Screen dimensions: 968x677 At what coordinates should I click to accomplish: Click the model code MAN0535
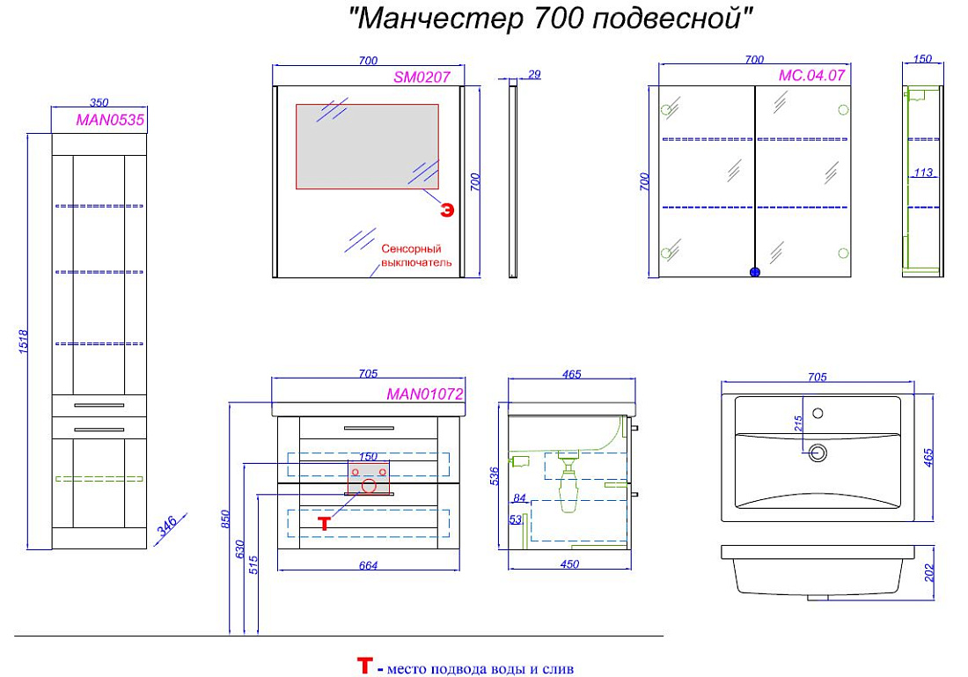tap(110, 119)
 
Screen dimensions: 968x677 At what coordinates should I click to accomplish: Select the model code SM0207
tap(422, 77)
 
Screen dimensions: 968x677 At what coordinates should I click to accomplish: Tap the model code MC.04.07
tap(811, 76)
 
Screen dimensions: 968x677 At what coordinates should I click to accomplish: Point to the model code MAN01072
tap(425, 394)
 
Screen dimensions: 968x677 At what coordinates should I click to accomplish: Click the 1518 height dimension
tap(24, 341)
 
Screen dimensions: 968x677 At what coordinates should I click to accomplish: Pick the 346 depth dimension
tap(167, 526)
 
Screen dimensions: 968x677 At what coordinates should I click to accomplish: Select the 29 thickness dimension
tap(534, 75)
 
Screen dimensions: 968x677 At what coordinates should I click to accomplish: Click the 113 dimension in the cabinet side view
tap(923, 173)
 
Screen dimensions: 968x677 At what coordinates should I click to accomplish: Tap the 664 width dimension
tap(368, 565)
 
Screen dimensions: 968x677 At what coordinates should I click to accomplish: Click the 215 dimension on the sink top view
tap(799, 423)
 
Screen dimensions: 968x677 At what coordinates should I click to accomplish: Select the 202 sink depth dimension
tap(930, 572)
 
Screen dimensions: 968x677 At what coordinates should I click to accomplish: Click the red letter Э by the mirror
tap(447, 210)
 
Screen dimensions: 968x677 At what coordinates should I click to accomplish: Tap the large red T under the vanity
tap(324, 524)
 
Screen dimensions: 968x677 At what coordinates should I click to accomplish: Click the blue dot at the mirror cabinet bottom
tap(754, 272)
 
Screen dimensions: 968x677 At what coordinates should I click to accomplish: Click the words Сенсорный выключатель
tap(416, 255)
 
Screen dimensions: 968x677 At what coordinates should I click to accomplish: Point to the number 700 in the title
tap(558, 18)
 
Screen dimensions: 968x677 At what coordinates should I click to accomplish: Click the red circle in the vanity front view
tap(369, 485)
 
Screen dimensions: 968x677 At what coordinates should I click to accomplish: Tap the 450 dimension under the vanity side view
tap(569, 564)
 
